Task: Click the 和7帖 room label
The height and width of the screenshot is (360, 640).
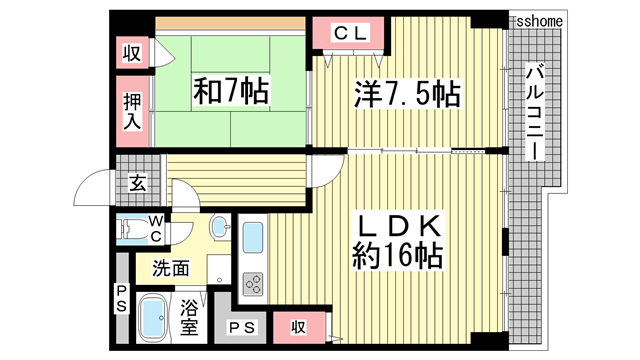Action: pyautogui.click(x=230, y=92)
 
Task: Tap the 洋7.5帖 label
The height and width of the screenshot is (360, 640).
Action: pyautogui.click(x=406, y=94)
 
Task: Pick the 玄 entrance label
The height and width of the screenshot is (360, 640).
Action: pyautogui.click(x=135, y=183)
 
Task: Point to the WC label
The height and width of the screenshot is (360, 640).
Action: pyautogui.click(x=155, y=228)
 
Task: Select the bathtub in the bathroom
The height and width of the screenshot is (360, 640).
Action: pyautogui.click(x=154, y=319)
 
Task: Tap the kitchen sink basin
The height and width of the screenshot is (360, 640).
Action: pyautogui.click(x=254, y=238)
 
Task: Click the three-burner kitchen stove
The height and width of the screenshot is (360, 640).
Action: pyautogui.click(x=253, y=283)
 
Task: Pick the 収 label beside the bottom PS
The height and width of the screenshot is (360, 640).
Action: pyautogui.click(x=298, y=327)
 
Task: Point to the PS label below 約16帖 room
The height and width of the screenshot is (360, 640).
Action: pyautogui.click(x=241, y=327)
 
